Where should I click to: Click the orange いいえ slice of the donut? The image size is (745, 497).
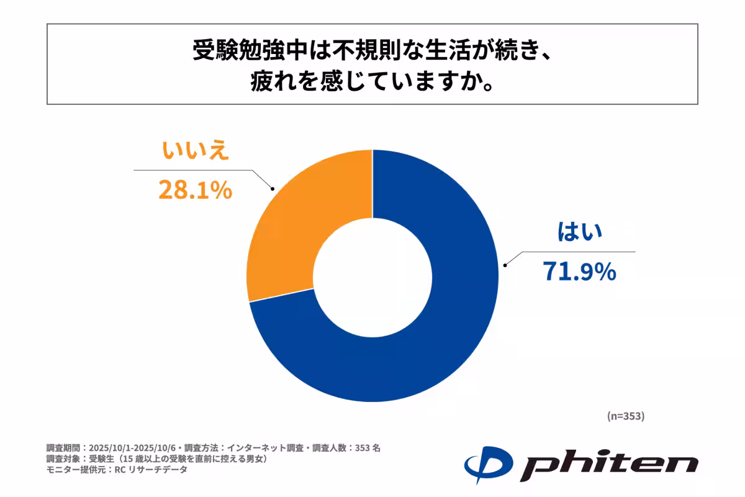pyautogui.click(x=292, y=217)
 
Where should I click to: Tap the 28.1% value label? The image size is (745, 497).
pyautogui.click(x=195, y=191)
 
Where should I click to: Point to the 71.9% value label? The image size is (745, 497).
pyautogui.click(x=579, y=271)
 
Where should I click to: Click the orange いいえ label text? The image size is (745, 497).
pyautogui.click(x=196, y=152)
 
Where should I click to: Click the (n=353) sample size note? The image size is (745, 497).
pyautogui.click(x=625, y=416)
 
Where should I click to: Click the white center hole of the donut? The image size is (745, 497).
pyautogui.click(x=372, y=276)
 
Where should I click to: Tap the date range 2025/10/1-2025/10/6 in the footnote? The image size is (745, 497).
pyautogui.click(x=134, y=447)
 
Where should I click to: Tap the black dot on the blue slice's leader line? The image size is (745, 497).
pyautogui.click(x=505, y=265)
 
